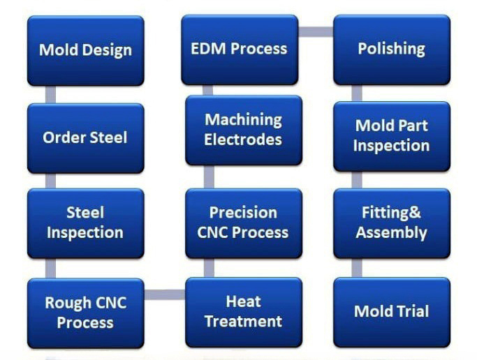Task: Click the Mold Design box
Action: [85, 50]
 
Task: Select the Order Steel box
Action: [85, 138]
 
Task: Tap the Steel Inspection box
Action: [85, 223]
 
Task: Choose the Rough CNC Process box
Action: [85, 313]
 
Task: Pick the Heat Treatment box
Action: [244, 313]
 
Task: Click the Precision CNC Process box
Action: [244, 223]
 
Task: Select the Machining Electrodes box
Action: [244, 130]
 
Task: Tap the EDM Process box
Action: [240, 50]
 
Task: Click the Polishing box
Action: [392, 50]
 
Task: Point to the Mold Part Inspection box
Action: [392, 137]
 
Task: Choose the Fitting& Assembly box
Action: [392, 223]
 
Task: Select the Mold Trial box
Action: [392, 313]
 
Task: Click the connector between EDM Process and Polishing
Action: [316, 31]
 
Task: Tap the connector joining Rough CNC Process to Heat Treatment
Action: [165, 294]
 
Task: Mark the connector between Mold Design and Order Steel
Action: [50, 94]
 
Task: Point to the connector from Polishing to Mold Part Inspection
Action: [357, 93]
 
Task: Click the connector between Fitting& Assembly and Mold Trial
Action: [357, 268]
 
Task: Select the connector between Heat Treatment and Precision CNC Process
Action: [209, 268]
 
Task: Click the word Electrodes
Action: [243, 140]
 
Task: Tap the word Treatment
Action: [243, 322]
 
